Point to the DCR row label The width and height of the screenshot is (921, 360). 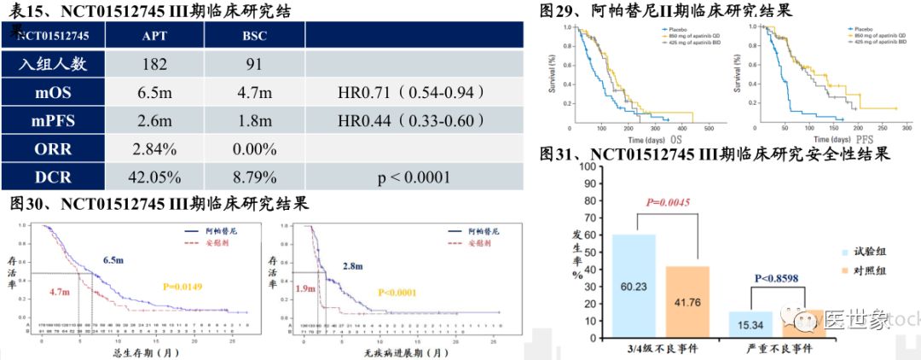[54, 177]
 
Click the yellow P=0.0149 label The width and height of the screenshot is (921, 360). [194, 287]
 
